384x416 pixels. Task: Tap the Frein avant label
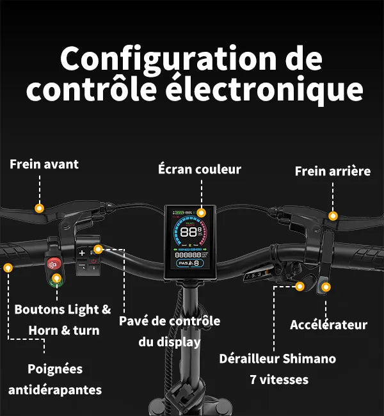(44, 164)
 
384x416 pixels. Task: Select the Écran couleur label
(200, 169)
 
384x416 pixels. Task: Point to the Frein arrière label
(332, 171)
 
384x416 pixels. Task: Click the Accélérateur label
(328, 324)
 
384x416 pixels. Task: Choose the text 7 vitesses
(279, 380)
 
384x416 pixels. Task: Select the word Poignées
(55, 369)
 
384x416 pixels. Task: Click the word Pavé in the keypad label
(133, 321)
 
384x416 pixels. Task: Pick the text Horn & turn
(64, 330)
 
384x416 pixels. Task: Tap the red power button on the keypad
(93, 261)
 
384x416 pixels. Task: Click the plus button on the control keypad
(82, 253)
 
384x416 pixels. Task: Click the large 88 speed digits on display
(189, 232)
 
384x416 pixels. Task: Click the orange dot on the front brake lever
(40, 208)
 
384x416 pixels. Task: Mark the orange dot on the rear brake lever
(333, 216)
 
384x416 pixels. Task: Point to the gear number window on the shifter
(254, 275)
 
